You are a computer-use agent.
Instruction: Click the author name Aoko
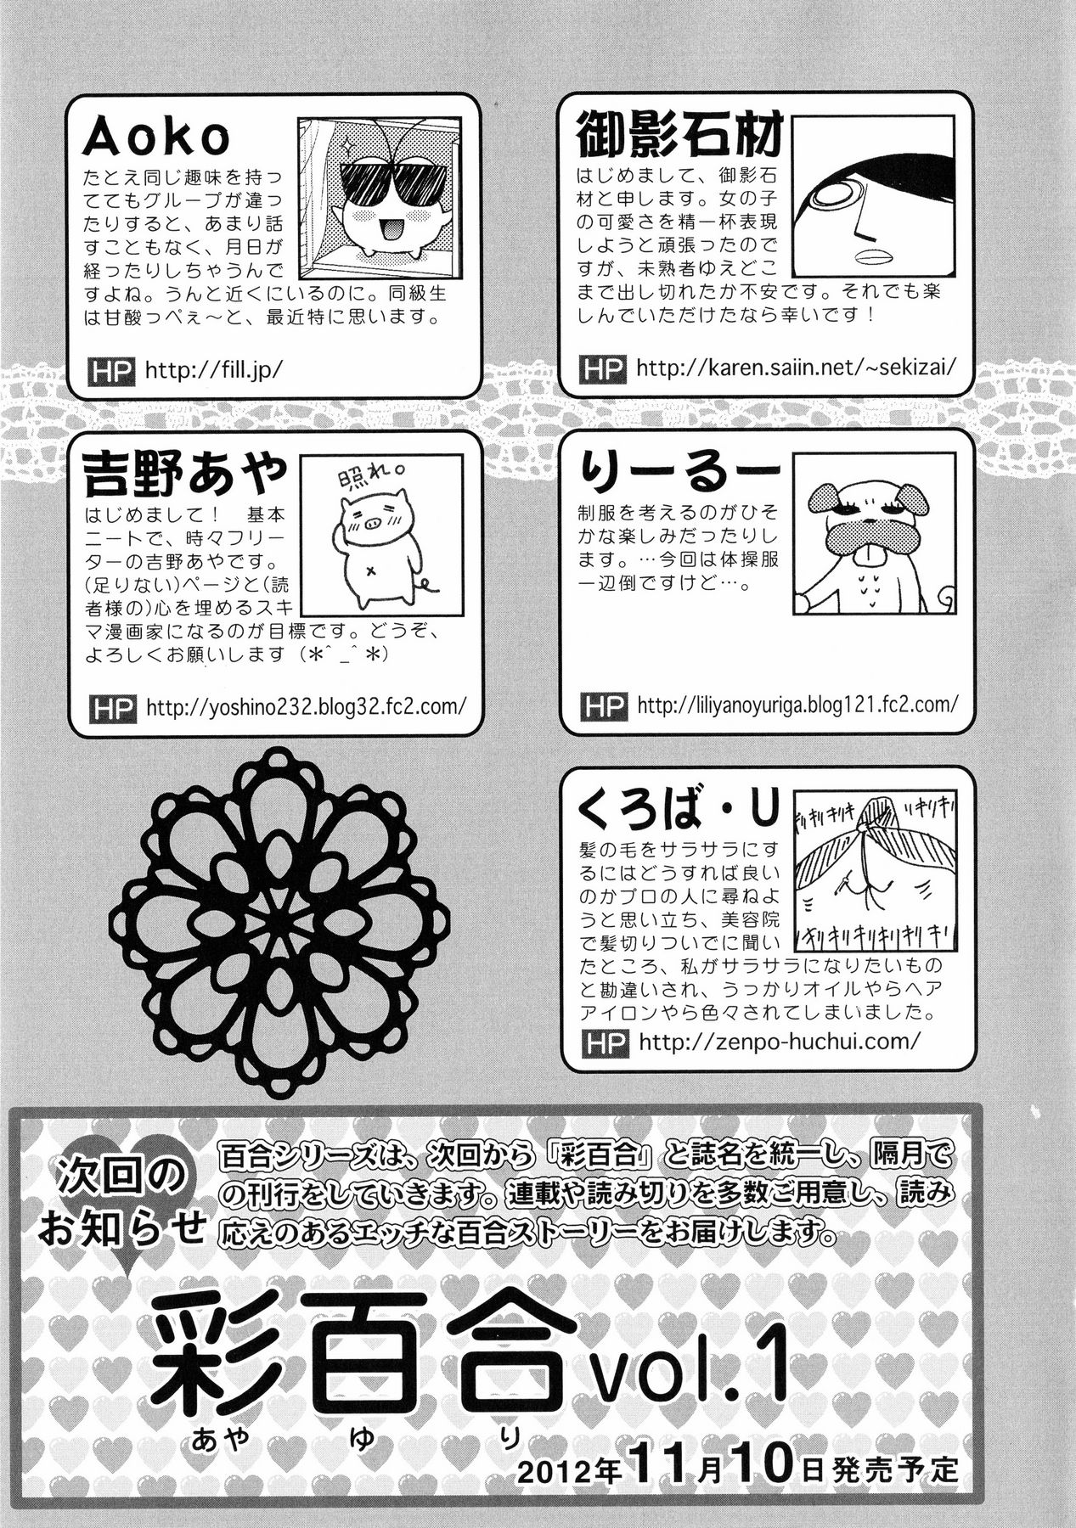(156, 138)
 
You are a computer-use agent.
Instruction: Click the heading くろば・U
(677, 810)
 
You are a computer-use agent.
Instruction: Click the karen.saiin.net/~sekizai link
(796, 368)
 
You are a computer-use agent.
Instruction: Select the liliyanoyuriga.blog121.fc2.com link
(797, 704)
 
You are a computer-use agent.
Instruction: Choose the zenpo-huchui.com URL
(778, 1042)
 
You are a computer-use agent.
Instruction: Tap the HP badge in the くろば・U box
(604, 1042)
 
